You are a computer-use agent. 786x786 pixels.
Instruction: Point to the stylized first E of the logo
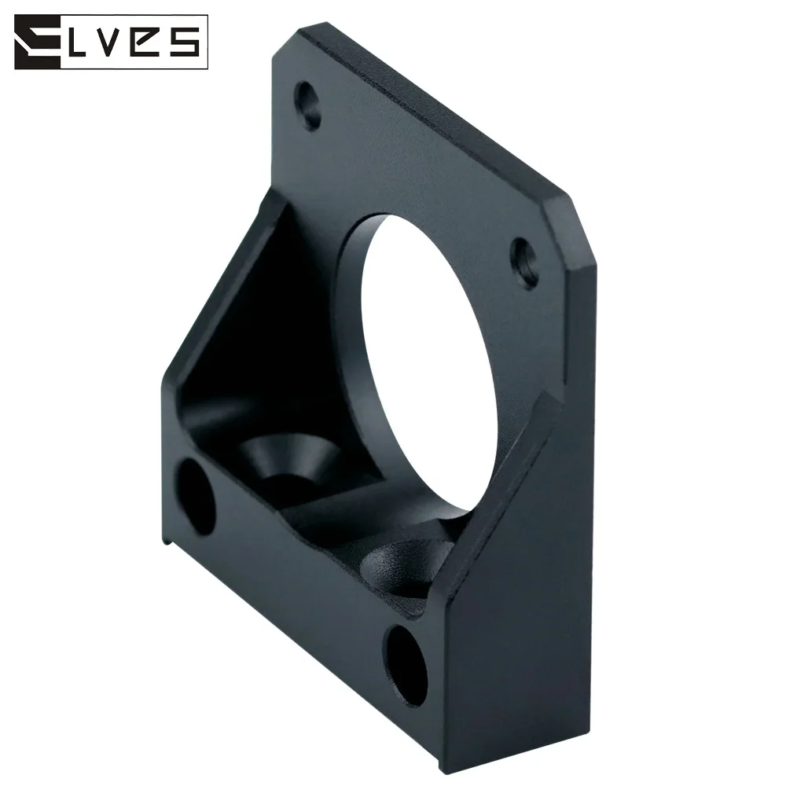point(38,42)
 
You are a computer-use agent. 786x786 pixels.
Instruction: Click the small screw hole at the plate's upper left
point(307,105)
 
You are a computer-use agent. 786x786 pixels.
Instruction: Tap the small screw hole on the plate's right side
point(523,263)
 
